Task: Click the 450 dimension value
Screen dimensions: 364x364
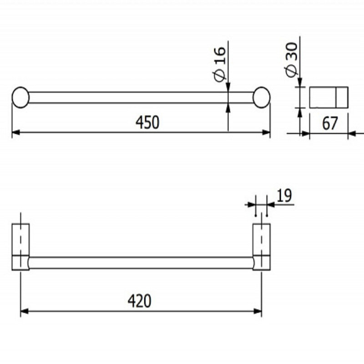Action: tap(147, 122)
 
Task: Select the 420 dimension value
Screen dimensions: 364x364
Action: tap(140, 301)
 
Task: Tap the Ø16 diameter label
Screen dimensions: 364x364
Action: tap(220, 64)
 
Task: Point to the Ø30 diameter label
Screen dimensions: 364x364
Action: tap(292, 60)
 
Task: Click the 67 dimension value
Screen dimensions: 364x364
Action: tap(329, 123)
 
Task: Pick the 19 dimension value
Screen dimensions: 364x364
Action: tap(284, 196)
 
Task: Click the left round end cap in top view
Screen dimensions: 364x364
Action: tap(20, 97)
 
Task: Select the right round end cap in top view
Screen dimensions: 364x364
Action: tap(261, 97)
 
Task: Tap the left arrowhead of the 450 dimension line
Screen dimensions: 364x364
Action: tap(16, 132)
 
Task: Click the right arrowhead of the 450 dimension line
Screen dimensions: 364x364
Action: tap(266, 132)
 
